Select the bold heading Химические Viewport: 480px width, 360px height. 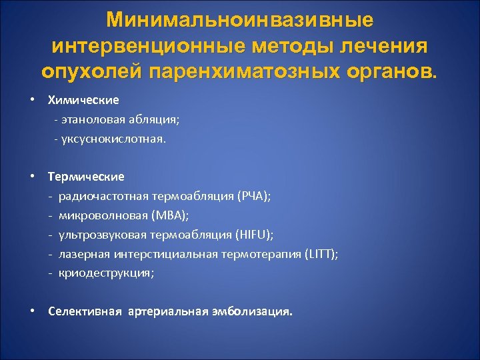[x=83, y=100]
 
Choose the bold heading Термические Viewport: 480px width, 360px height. [x=86, y=177]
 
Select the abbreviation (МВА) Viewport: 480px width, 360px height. [x=171, y=215]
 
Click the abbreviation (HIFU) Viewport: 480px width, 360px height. [x=255, y=235]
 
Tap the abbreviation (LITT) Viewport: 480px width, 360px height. [x=321, y=253]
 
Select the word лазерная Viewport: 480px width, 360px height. [x=82, y=253]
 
